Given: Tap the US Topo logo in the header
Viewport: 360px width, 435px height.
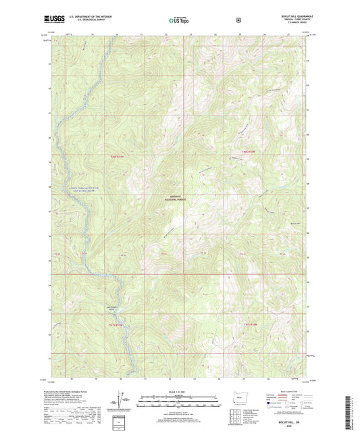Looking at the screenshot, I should pos(180,21).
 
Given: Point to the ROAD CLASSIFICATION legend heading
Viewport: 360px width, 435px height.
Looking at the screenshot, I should pos(290,390).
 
